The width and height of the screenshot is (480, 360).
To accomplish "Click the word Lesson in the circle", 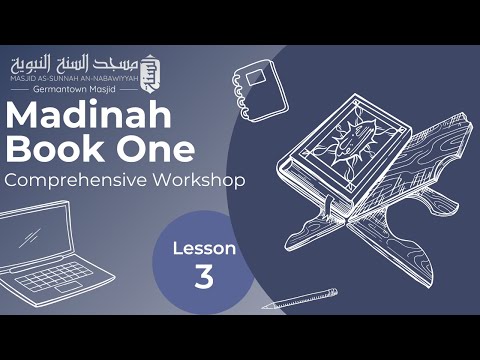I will tap(204, 247).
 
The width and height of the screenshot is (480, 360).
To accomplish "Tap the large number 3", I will tap(204, 277).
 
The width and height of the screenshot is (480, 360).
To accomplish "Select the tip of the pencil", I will tap(265, 307).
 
